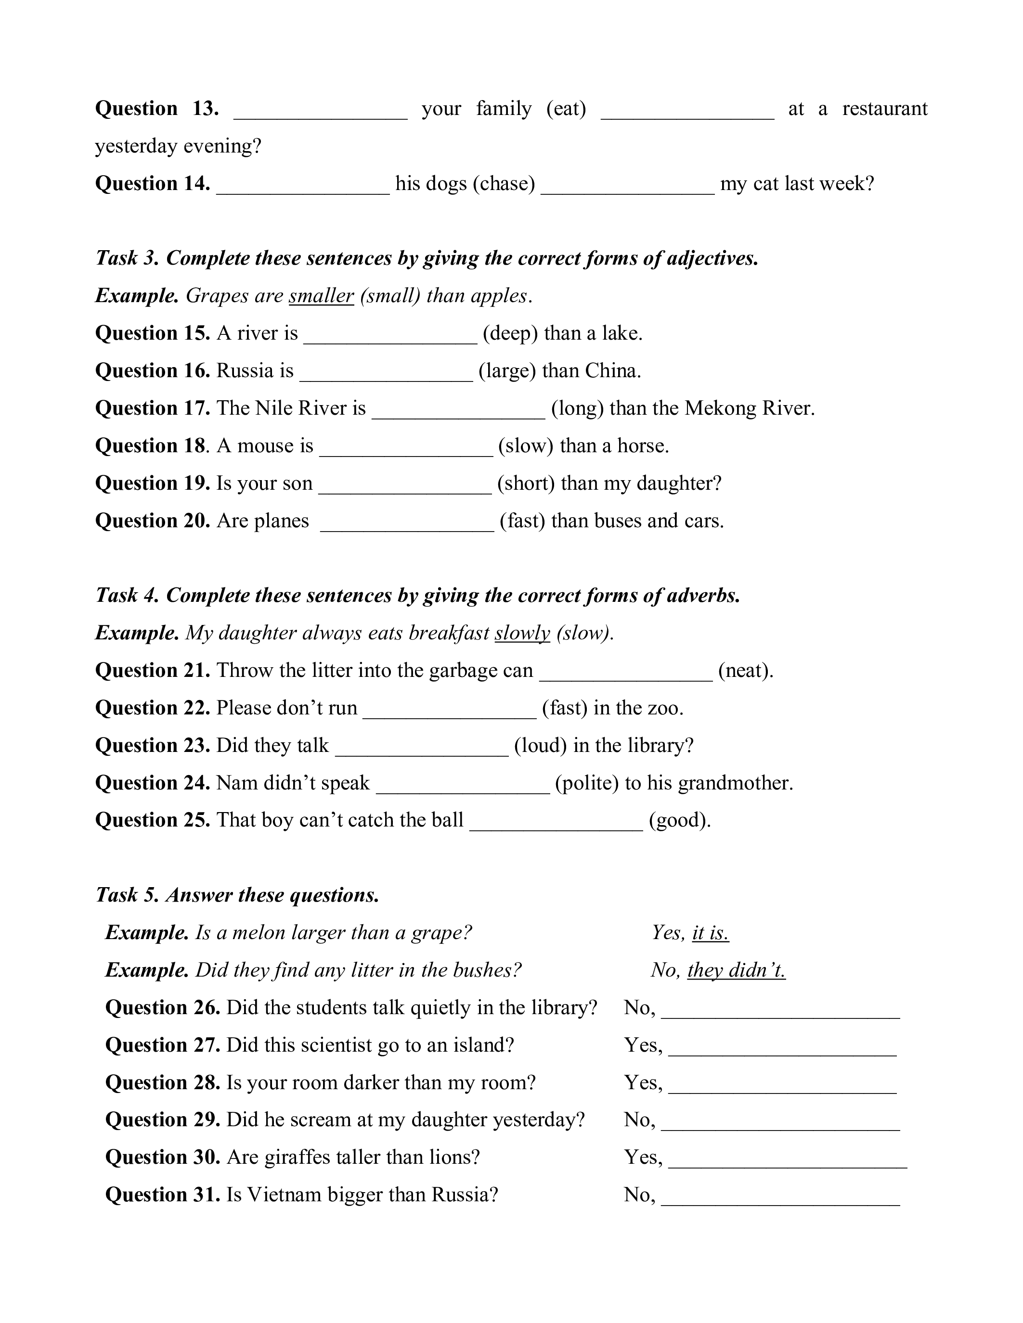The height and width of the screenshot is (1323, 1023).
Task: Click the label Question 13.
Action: click(156, 109)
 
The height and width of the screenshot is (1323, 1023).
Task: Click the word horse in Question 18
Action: click(641, 446)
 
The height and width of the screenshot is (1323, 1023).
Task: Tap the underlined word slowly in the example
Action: click(522, 633)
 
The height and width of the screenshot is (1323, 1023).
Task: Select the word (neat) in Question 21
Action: click(745, 671)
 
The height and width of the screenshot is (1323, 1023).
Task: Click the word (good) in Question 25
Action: click(679, 820)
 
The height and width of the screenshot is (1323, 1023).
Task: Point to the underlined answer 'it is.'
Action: click(710, 933)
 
